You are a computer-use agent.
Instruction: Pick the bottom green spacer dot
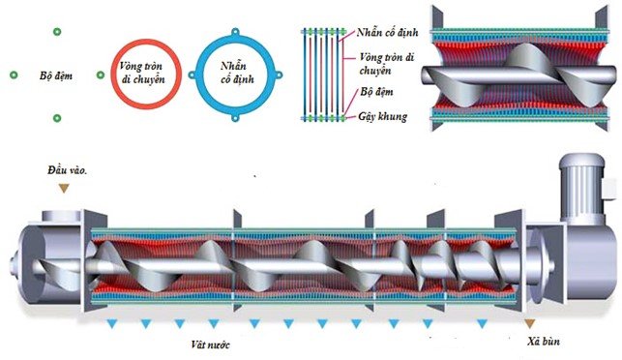57,118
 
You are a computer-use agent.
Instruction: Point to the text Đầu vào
67,170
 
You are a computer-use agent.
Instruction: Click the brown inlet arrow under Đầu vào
64,187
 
